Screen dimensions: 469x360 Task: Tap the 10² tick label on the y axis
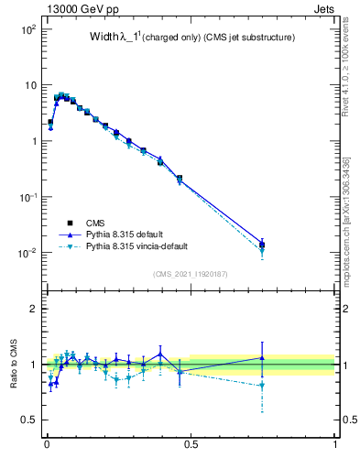click(28, 29)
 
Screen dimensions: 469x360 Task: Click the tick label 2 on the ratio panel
click(33, 309)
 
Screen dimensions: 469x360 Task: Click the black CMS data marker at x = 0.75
click(263, 245)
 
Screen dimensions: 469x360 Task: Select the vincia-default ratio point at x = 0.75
click(263, 386)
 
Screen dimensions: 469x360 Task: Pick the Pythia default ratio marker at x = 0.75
click(263, 358)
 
